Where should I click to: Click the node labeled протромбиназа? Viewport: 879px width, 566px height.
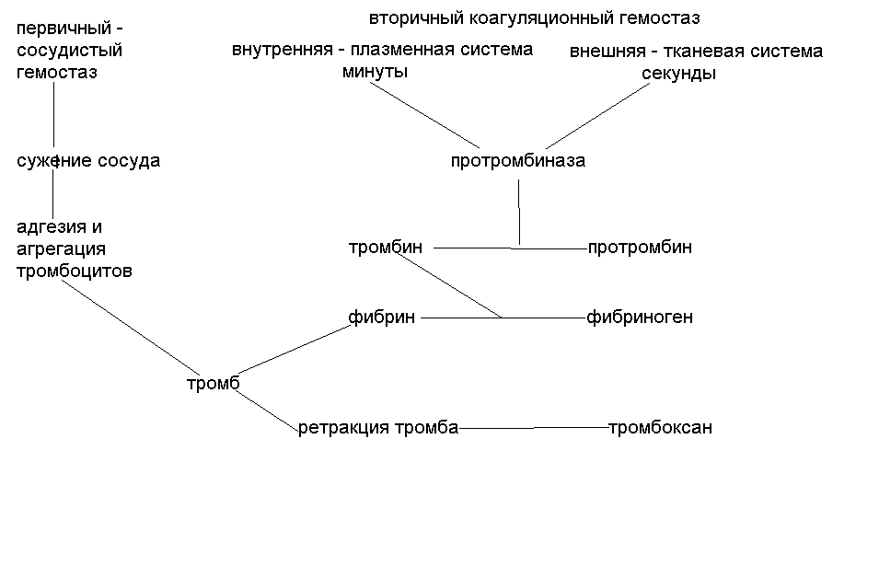[x=517, y=161]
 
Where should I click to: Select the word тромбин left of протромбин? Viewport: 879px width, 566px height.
[x=386, y=247]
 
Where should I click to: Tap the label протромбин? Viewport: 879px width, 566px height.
[x=640, y=247]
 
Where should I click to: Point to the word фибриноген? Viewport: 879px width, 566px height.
[x=640, y=318]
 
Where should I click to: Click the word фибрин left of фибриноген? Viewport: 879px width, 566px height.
[x=381, y=318]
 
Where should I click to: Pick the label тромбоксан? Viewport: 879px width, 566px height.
[x=660, y=428]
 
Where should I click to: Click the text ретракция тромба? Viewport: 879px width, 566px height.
[x=377, y=428]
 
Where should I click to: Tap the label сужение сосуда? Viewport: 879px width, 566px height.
[x=88, y=161]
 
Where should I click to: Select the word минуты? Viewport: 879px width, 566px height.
[x=375, y=71]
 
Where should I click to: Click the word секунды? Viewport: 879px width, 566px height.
[x=678, y=74]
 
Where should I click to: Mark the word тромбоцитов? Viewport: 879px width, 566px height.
[x=75, y=271]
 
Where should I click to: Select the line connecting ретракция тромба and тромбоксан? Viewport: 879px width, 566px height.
[x=534, y=427]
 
